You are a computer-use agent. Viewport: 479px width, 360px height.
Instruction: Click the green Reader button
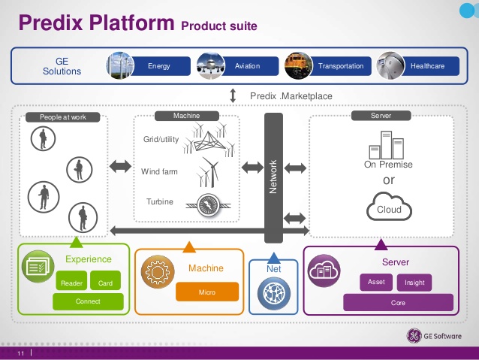coord(71,280)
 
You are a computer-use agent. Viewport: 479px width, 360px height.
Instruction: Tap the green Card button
coord(105,280)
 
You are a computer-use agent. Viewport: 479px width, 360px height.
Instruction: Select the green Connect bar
coord(88,301)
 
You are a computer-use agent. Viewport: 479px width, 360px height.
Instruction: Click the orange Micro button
coord(207,292)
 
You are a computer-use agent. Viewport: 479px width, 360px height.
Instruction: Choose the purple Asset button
coord(376,282)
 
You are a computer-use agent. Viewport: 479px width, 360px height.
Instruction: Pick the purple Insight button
coord(414,283)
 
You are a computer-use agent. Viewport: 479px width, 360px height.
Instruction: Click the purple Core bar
coord(398,302)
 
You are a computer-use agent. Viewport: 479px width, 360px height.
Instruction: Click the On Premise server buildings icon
coord(387,145)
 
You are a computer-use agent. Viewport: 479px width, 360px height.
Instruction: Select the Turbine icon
coord(209,205)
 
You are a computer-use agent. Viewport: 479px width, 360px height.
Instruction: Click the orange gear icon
coord(158,271)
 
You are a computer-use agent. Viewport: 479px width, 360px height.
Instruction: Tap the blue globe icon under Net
coord(274,294)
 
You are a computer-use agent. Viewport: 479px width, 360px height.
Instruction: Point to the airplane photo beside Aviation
coord(211,65)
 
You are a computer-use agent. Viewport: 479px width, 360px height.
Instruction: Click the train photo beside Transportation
coord(299,65)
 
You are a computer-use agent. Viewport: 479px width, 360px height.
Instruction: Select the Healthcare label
coord(427,66)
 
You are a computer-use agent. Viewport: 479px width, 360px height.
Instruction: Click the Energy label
coord(159,66)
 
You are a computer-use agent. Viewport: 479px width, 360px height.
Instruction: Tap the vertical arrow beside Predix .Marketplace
coord(233,95)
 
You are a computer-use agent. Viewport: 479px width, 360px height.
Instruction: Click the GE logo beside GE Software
coord(414,336)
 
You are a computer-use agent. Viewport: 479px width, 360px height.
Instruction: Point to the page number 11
coord(21,353)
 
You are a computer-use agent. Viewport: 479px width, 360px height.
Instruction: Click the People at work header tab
coord(63,117)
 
